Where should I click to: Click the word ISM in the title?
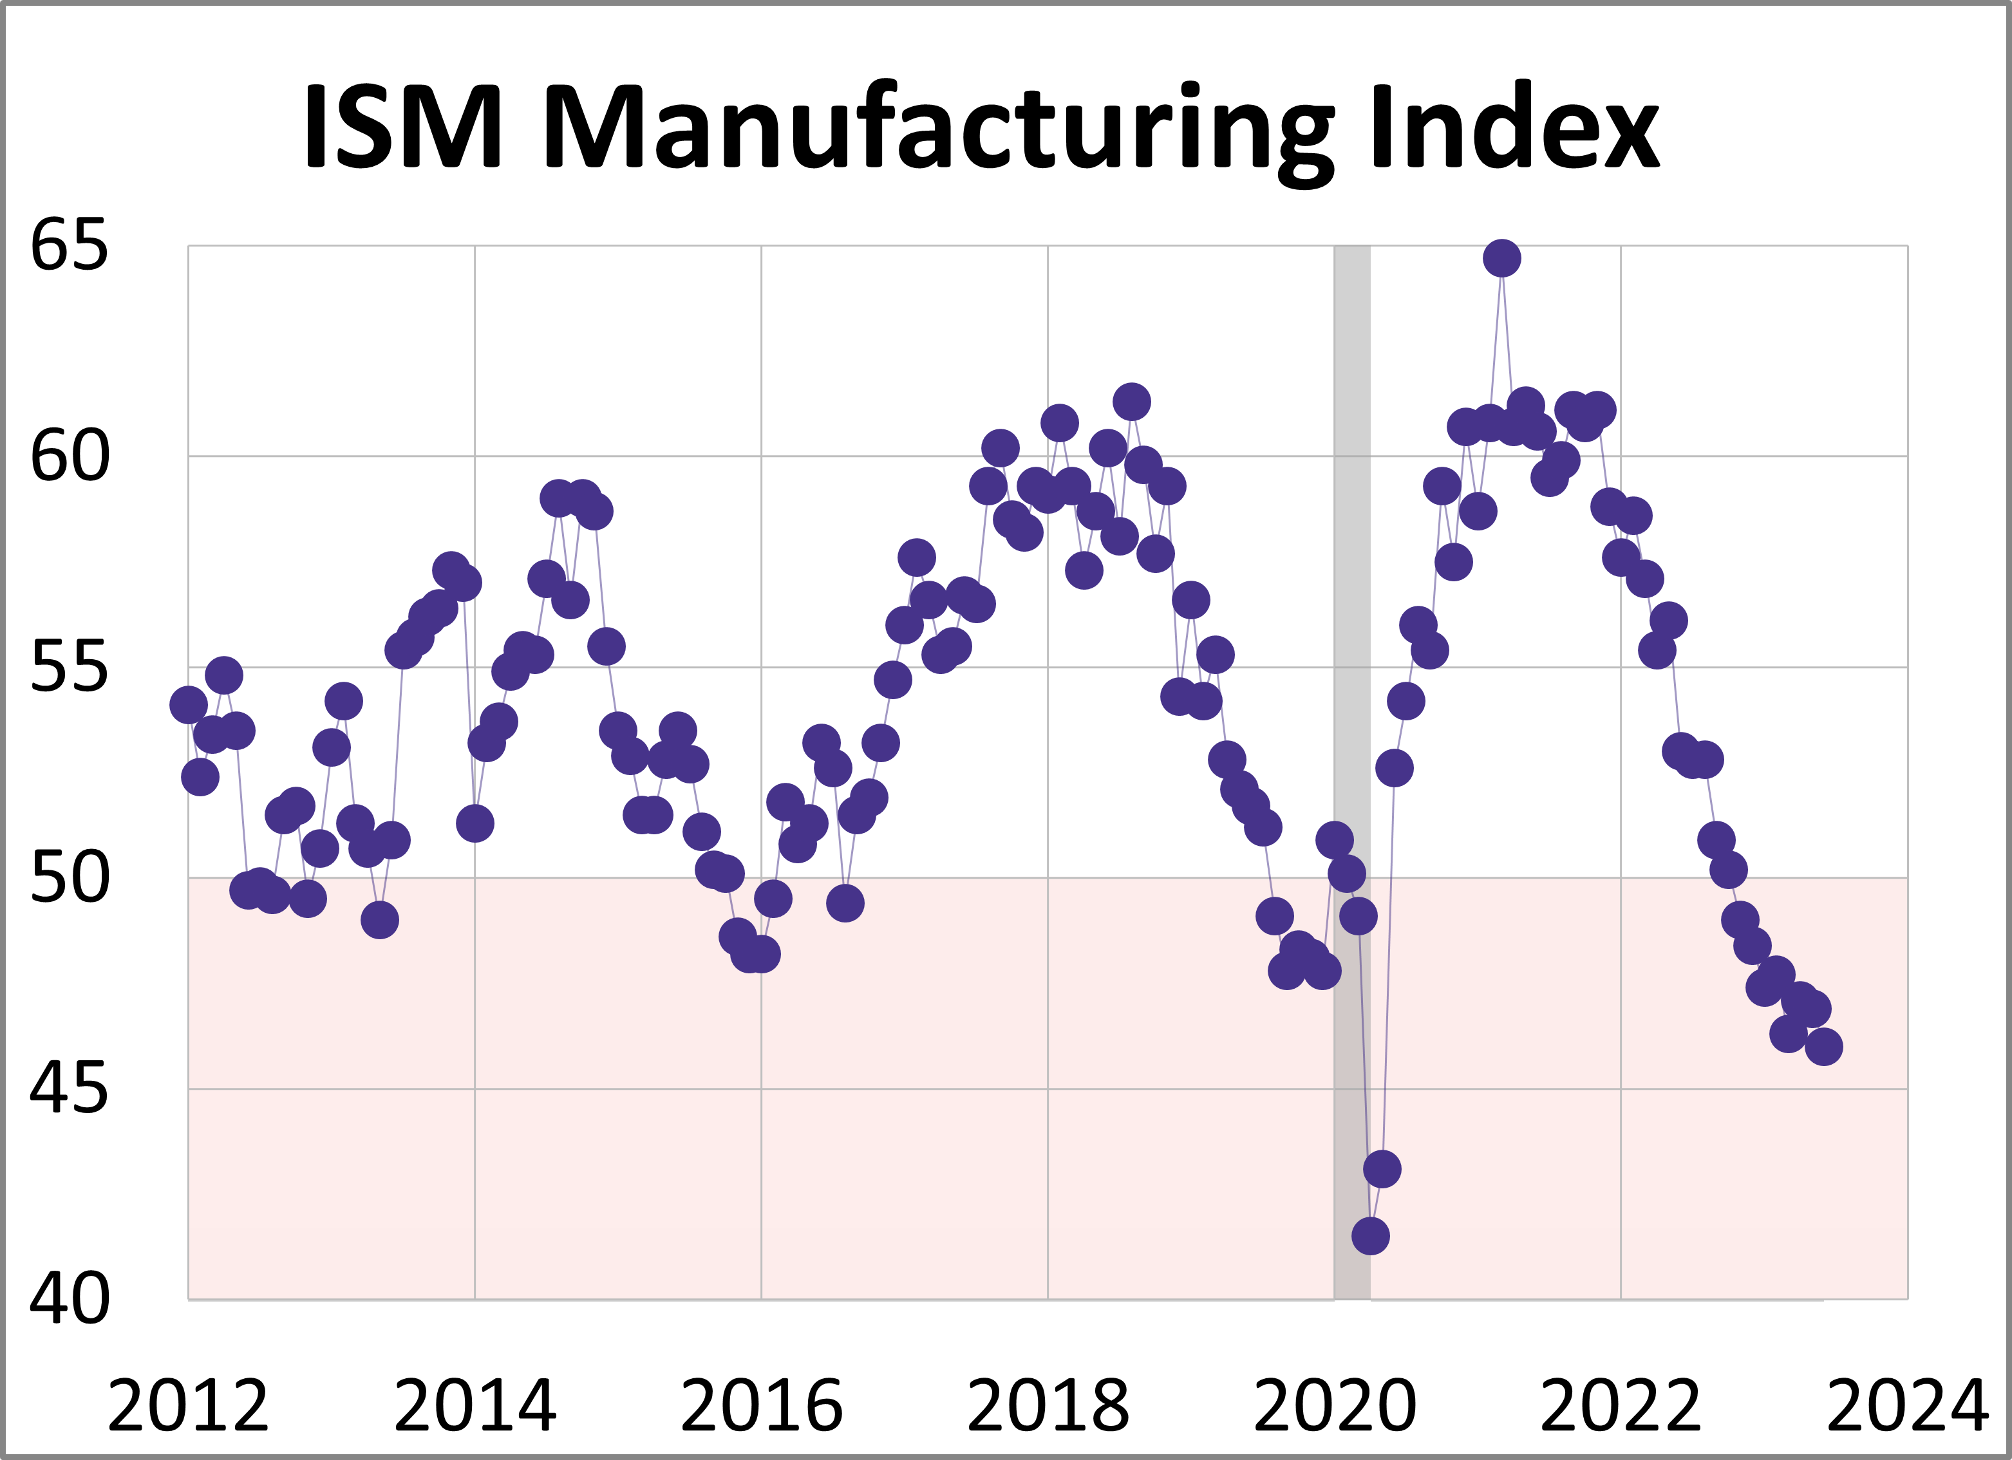(404, 126)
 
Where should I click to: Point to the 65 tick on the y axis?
(68, 246)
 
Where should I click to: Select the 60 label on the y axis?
(68, 457)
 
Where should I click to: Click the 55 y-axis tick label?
(68, 667)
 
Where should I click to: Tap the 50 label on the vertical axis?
(68, 878)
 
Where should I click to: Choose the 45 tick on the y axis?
(68, 1089)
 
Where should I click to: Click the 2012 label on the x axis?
(188, 1407)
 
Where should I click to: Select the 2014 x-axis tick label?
(475, 1407)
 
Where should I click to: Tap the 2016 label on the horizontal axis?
(761, 1407)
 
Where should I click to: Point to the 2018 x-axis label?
(1048, 1407)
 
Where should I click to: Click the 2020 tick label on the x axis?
(1334, 1407)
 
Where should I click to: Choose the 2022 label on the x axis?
(1621, 1407)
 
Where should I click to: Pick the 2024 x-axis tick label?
(1907, 1407)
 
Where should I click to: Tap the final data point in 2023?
(1824, 1047)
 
